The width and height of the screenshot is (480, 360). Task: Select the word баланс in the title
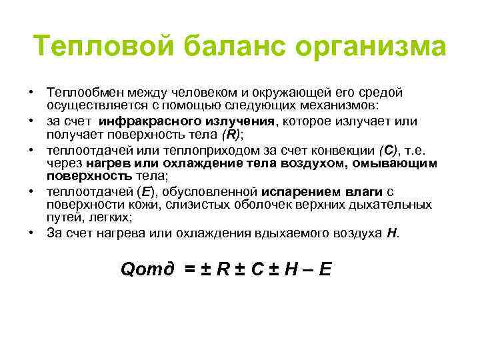tap(224, 47)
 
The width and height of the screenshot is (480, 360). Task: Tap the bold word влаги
tap(361, 193)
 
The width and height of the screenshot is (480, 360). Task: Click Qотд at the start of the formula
tap(147, 269)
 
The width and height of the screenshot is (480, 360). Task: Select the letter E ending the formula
tap(325, 269)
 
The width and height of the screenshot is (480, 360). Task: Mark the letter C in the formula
tap(258, 269)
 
